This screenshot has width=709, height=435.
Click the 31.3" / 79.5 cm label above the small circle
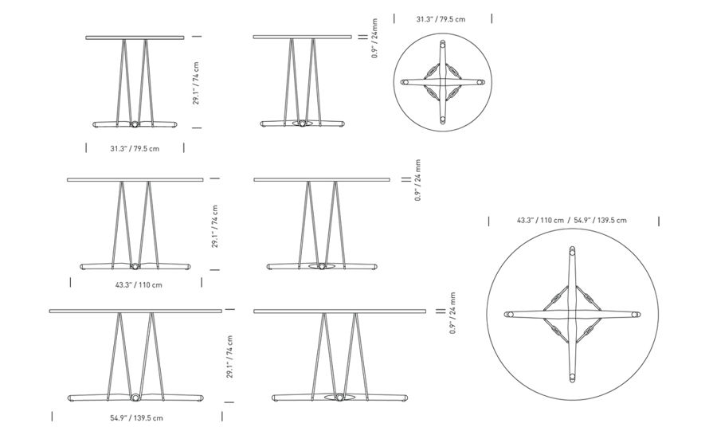coord(441,19)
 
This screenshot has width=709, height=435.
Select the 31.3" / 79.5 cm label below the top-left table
coord(135,149)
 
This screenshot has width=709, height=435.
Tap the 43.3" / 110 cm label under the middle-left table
coord(139,285)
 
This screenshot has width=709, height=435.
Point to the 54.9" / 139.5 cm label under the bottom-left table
coord(136,417)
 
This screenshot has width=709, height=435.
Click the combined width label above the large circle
coord(572,220)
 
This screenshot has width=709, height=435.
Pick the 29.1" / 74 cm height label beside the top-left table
coord(196,83)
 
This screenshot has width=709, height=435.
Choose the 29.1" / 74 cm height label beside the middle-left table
coord(215,226)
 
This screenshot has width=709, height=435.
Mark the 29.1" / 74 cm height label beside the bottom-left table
coord(230,357)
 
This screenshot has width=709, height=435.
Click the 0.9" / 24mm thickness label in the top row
coord(375,38)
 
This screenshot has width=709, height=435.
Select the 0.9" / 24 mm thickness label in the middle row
coord(417,180)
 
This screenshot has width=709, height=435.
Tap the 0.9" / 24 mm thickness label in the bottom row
coord(452,313)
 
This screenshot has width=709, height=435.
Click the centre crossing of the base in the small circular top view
coord(443,82)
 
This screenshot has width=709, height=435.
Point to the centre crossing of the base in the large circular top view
coord(573,314)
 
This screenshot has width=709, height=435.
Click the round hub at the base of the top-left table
coord(135,124)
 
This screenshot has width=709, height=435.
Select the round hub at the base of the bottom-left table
coord(135,398)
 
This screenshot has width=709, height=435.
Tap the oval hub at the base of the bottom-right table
coord(339,398)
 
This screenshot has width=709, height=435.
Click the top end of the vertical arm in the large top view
coord(573,249)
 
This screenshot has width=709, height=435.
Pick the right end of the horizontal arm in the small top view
coord(480,82)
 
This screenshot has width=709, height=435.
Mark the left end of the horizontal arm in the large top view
coord(508,314)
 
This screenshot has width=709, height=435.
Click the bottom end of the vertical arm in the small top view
coord(443,120)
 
